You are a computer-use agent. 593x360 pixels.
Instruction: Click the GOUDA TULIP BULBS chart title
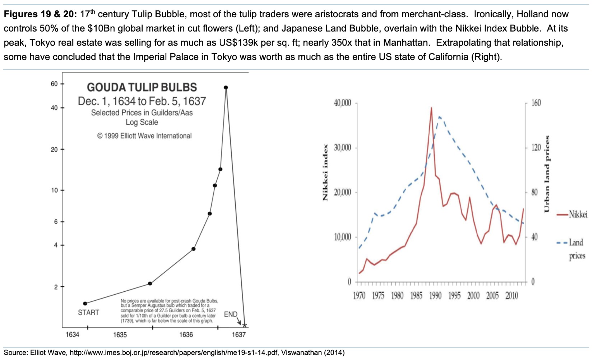[142, 87]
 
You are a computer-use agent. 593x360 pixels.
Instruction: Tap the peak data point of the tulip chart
[226, 87]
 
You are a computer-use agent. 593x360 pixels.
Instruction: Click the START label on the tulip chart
[88, 313]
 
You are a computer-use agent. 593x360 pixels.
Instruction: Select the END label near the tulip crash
[231, 314]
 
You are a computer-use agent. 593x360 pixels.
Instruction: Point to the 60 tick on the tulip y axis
[54, 84]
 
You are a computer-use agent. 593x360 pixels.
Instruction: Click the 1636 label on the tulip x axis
[186, 335]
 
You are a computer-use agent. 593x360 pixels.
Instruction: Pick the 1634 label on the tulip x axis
[72, 335]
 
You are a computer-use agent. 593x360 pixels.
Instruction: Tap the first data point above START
[85, 304]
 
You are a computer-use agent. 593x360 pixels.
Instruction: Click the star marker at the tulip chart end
[245, 326]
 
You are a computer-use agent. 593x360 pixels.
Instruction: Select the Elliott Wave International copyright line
[144, 136]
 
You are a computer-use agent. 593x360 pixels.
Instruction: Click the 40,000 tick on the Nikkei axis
[342, 103]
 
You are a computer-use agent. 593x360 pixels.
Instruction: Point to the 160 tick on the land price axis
[536, 103]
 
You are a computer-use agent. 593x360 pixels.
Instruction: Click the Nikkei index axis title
[325, 172]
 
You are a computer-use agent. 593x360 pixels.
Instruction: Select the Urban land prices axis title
[547, 174]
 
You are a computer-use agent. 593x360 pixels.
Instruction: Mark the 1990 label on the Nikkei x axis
[435, 296]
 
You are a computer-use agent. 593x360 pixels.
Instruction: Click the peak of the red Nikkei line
[431, 107]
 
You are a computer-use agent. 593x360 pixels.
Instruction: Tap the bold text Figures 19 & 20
[40, 14]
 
